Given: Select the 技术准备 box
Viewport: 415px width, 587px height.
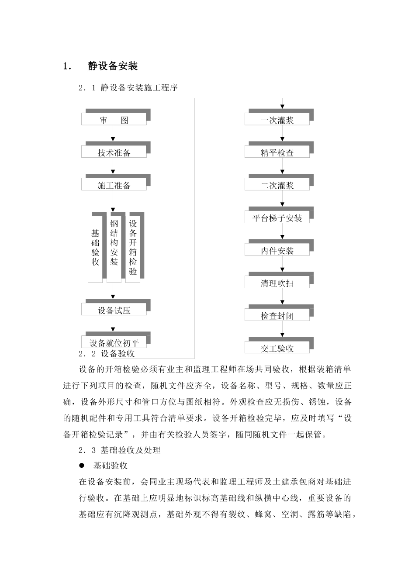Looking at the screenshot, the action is (x=114, y=152).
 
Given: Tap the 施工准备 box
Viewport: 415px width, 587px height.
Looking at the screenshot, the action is (x=114, y=185).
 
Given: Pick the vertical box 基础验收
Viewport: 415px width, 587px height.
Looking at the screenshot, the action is (x=95, y=248).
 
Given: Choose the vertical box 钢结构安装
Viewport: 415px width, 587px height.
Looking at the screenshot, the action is (x=114, y=248).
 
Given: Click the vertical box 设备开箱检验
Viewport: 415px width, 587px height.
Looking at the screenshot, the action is (x=133, y=248).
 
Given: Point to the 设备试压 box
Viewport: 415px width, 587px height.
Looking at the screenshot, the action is (x=114, y=310).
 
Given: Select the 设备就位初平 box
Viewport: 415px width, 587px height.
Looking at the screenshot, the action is (x=114, y=342).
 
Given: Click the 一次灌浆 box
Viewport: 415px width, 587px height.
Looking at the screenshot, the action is (x=277, y=120).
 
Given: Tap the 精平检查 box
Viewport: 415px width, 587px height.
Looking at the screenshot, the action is (x=277, y=152).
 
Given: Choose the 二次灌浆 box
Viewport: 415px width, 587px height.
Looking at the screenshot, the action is (x=277, y=185).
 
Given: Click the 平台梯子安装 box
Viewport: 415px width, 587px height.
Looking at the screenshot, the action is (x=277, y=218).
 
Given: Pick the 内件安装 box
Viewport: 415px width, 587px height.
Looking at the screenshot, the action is (x=277, y=251).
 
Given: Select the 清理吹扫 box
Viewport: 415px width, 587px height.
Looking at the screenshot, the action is (x=277, y=283).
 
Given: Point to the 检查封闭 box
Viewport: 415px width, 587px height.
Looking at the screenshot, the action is (x=277, y=316).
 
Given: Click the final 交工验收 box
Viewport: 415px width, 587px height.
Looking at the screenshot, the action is (x=277, y=348).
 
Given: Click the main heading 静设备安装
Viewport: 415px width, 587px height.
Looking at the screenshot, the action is (x=113, y=66).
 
